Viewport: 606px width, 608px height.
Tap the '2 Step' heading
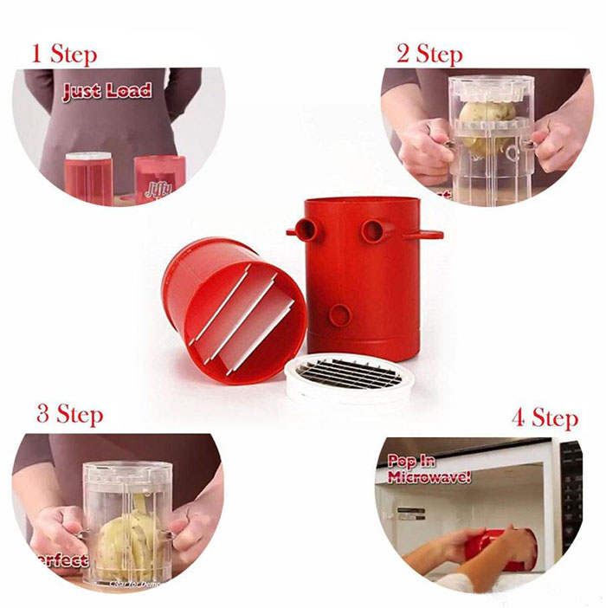coord(429,54)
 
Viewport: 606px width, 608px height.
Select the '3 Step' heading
coord(69,413)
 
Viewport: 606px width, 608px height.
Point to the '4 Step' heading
coord(544,418)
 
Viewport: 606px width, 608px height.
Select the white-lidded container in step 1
coord(89,178)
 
